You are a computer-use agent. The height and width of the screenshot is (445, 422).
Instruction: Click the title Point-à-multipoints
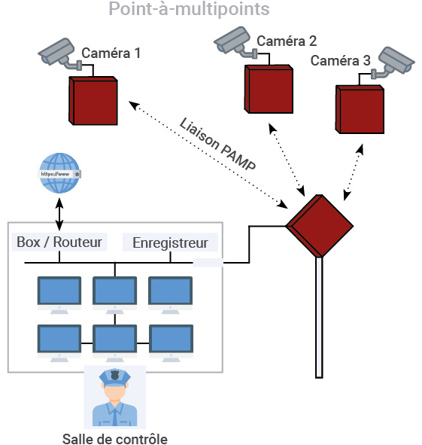(189, 9)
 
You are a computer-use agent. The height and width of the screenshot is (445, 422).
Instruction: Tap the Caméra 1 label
(111, 53)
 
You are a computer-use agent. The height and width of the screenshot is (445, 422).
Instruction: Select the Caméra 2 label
(287, 41)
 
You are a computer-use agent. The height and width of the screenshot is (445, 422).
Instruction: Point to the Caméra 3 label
(340, 61)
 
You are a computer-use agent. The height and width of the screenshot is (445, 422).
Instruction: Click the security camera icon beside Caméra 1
(60, 54)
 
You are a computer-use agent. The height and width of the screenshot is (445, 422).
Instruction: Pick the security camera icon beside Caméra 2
(235, 41)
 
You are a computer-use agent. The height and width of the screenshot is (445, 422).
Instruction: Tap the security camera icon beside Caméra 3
(393, 63)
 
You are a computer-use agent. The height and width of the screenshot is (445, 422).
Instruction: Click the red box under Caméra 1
(93, 101)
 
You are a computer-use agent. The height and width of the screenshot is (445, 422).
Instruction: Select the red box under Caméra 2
(269, 89)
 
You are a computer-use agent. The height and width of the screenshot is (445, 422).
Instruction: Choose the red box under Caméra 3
(360, 109)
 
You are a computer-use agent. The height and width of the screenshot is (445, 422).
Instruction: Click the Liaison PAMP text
(218, 144)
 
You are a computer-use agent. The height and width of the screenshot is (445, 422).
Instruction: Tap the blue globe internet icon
(59, 173)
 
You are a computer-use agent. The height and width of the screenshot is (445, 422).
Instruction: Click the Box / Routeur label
(59, 242)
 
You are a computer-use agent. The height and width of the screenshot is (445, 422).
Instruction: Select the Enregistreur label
(171, 243)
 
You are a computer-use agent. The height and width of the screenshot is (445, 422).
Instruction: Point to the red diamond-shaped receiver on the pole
(320, 226)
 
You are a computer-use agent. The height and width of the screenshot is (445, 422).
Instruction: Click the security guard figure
(115, 398)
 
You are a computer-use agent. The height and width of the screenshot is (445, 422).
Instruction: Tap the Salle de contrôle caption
(115, 438)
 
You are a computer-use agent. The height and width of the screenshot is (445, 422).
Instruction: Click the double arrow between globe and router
(59, 215)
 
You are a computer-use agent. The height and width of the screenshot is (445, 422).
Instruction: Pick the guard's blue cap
(115, 377)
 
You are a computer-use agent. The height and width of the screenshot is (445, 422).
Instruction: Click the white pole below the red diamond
(319, 317)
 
